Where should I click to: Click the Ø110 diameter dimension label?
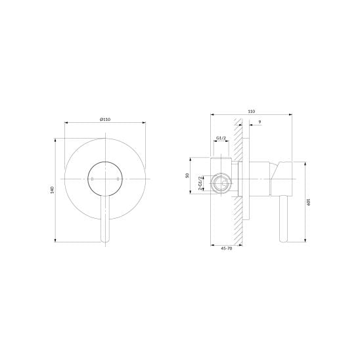(105, 119)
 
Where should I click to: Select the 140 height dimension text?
(52, 190)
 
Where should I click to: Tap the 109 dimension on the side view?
(309, 202)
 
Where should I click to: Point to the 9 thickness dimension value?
(259, 122)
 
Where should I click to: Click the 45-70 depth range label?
(227, 248)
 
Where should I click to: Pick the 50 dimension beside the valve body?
(187, 175)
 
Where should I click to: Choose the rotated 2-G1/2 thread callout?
(200, 183)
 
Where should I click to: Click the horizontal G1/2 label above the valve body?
(221, 138)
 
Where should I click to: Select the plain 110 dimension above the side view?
(252, 112)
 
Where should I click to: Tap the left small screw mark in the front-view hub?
(92, 179)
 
